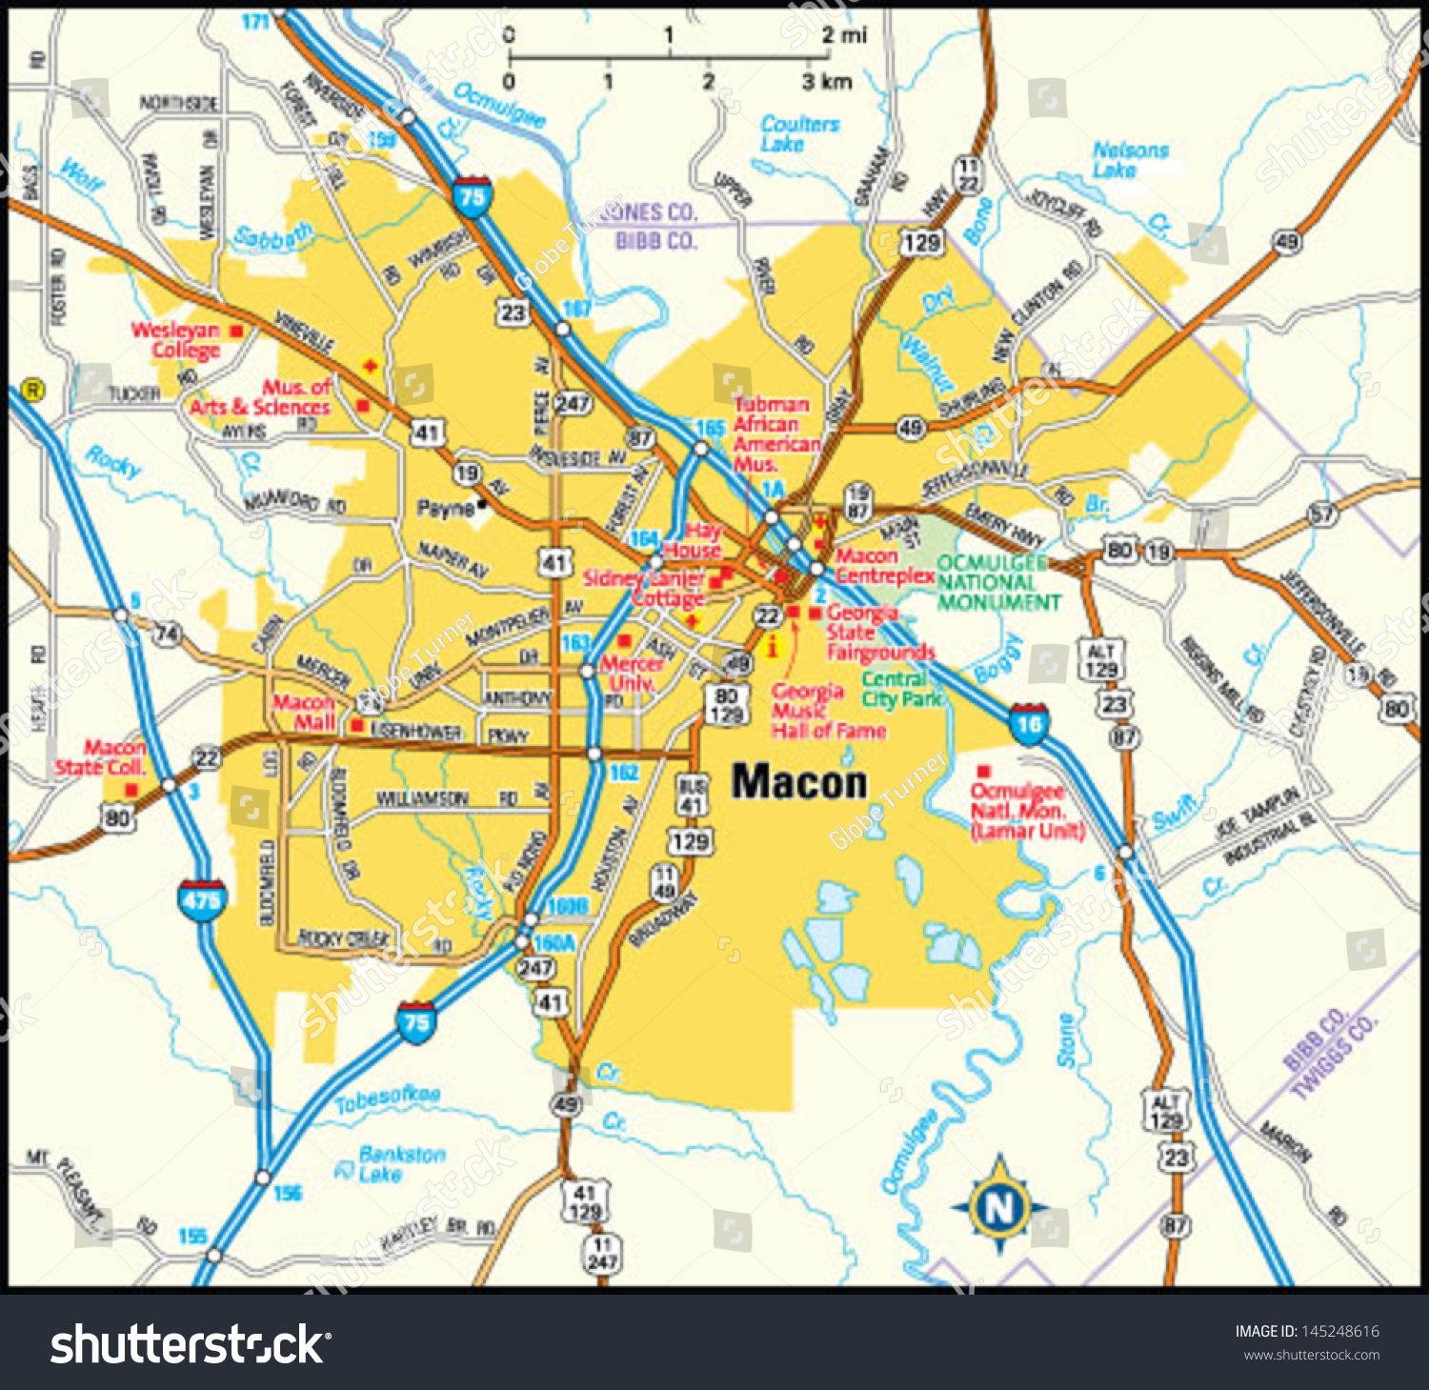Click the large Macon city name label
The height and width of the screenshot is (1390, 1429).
[799, 782]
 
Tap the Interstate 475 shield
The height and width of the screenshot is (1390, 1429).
[201, 899]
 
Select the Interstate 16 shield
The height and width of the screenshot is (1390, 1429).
[1029, 724]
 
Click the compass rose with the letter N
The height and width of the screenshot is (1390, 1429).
[999, 1206]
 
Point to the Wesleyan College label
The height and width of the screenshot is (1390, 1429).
[176, 340]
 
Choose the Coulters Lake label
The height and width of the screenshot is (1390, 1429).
[799, 133]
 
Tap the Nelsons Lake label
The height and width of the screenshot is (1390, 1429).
[1129, 159]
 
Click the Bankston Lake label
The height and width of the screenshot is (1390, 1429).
[400, 1163]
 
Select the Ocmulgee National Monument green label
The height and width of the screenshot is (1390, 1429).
[997, 582]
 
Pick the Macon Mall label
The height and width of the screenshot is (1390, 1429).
[304, 712]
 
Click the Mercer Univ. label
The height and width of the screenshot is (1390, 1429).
[631, 673]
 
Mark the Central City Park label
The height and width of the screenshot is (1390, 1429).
[901, 689]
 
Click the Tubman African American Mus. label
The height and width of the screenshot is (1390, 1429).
[775, 434]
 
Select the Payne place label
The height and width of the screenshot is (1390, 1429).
[445, 509]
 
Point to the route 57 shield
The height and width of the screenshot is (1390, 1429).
[1322, 514]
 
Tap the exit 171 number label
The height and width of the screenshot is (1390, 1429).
[255, 20]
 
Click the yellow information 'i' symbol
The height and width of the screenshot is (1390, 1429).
[773, 648]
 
